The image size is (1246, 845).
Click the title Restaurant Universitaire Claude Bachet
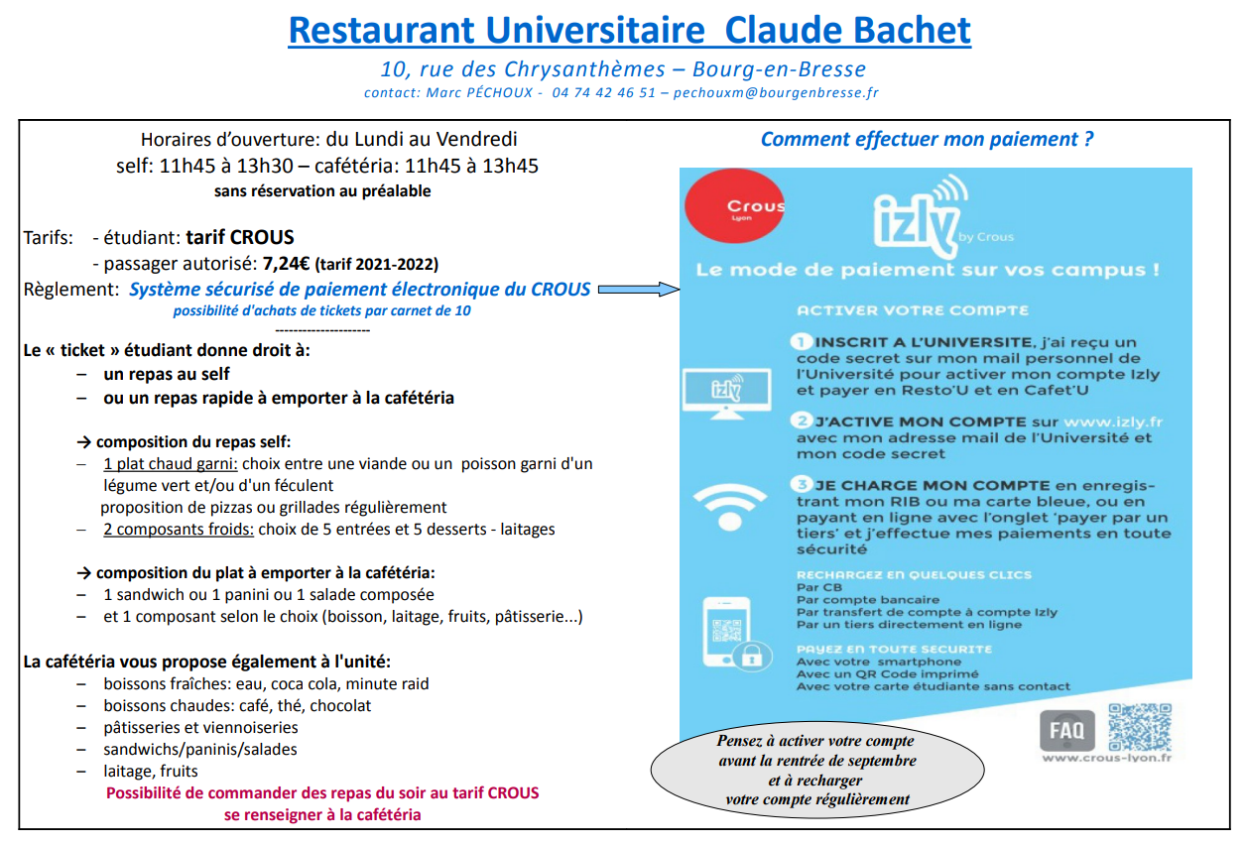coord(629,30)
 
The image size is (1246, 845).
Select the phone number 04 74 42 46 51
coord(603,92)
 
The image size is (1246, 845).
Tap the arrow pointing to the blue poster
coord(637,290)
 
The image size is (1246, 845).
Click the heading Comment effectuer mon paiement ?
coord(927,139)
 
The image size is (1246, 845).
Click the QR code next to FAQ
coord(1139,727)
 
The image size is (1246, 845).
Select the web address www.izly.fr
coord(1112,422)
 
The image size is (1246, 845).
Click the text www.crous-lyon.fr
coord(1106,759)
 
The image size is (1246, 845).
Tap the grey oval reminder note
coord(816,770)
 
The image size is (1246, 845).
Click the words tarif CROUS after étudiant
coord(239,238)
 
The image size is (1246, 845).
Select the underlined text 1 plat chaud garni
coord(170,463)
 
